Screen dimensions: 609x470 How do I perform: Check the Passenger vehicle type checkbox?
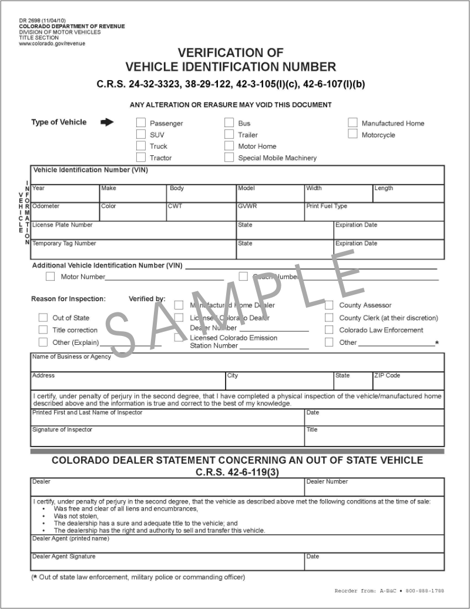141,123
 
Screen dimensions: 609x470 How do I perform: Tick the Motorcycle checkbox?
352,134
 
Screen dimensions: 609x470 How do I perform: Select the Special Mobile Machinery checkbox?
229,157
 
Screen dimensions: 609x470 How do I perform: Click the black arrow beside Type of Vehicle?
107,122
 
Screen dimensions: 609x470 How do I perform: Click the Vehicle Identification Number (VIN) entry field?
237,178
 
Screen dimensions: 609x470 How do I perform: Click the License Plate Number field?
133,232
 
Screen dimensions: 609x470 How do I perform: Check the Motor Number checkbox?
51,277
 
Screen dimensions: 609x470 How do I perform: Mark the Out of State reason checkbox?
43,318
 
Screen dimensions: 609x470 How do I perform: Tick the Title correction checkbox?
43,330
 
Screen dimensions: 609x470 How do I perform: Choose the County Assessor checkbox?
329,305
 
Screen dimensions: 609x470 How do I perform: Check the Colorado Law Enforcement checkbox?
329,330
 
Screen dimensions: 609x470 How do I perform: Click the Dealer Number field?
374,490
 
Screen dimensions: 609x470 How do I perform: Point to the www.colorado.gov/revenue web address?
52,44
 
